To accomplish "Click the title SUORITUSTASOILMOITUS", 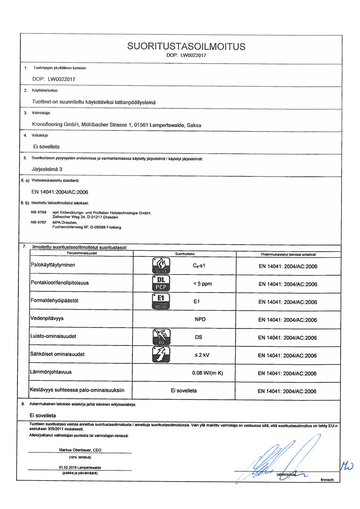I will [x=186, y=46].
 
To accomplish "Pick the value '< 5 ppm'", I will [x=202, y=284].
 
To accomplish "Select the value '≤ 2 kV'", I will [x=202, y=355].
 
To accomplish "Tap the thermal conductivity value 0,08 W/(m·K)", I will [x=208, y=373].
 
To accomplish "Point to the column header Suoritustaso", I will [x=185, y=254].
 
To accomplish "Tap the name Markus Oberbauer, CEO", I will [x=80, y=450].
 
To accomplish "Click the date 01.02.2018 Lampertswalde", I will [x=80, y=468].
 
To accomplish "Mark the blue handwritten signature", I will [x=278, y=460].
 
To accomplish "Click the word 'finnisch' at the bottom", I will [x=327, y=479].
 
